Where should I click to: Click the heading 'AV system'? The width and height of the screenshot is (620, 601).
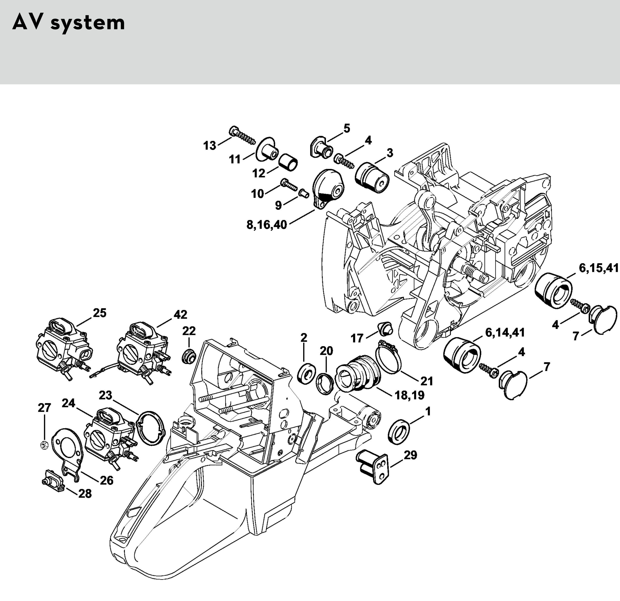(69, 23)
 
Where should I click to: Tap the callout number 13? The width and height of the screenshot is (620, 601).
(210, 146)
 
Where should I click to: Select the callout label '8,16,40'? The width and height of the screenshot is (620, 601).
(267, 225)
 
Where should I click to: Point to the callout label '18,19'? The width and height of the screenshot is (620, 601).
(409, 395)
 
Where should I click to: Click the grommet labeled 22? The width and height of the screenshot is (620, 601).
(189, 357)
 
